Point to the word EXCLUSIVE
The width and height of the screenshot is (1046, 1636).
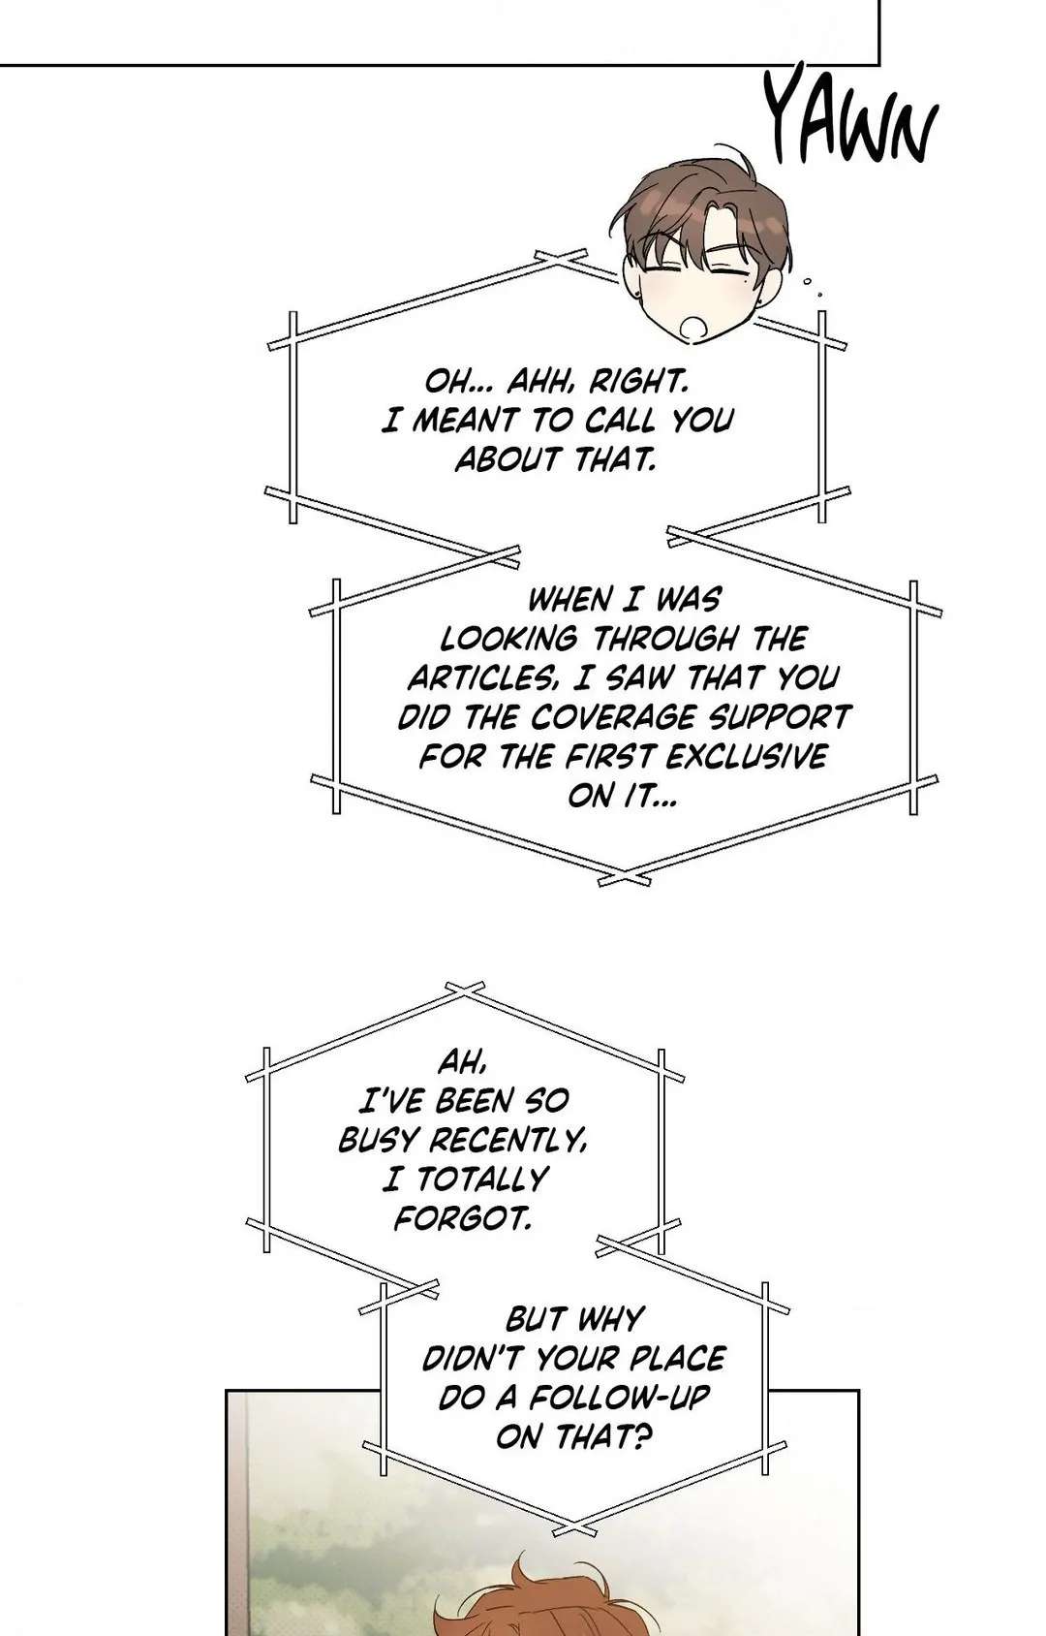click(x=745, y=757)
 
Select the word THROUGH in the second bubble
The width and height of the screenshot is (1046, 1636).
click(x=665, y=639)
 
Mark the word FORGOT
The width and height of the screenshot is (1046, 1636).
click(x=462, y=1219)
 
